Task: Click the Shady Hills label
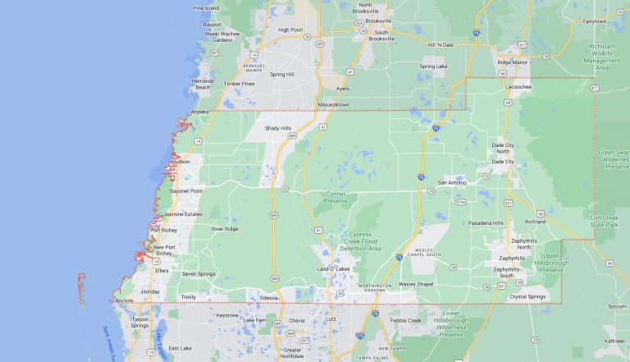[277, 128]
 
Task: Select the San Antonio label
[452, 182]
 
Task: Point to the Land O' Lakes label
[336, 269]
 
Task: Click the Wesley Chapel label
[416, 284]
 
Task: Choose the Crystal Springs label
[527, 296]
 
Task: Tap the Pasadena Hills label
[486, 222]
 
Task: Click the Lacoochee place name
[518, 86]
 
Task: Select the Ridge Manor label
[515, 62]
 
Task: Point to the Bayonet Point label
[185, 190]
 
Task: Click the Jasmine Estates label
[183, 214]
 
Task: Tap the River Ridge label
[225, 229]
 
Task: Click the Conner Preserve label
[336, 198]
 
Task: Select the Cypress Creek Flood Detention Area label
[354, 241]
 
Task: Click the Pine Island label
[206, 7]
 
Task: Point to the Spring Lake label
[433, 66]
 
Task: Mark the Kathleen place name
[614, 341]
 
